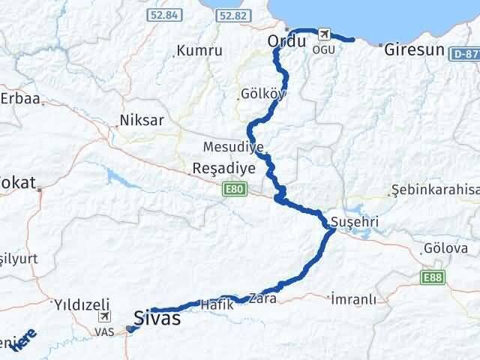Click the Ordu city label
[x=286, y=43]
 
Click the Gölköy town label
[x=259, y=94]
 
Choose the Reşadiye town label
[x=224, y=169]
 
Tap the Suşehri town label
[x=354, y=223]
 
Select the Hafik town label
[x=217, y=304]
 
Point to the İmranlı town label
[x=352, y=299]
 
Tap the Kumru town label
[x=199, y=51]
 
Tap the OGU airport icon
[x=324, y=34]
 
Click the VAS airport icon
[x=103, y=317]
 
